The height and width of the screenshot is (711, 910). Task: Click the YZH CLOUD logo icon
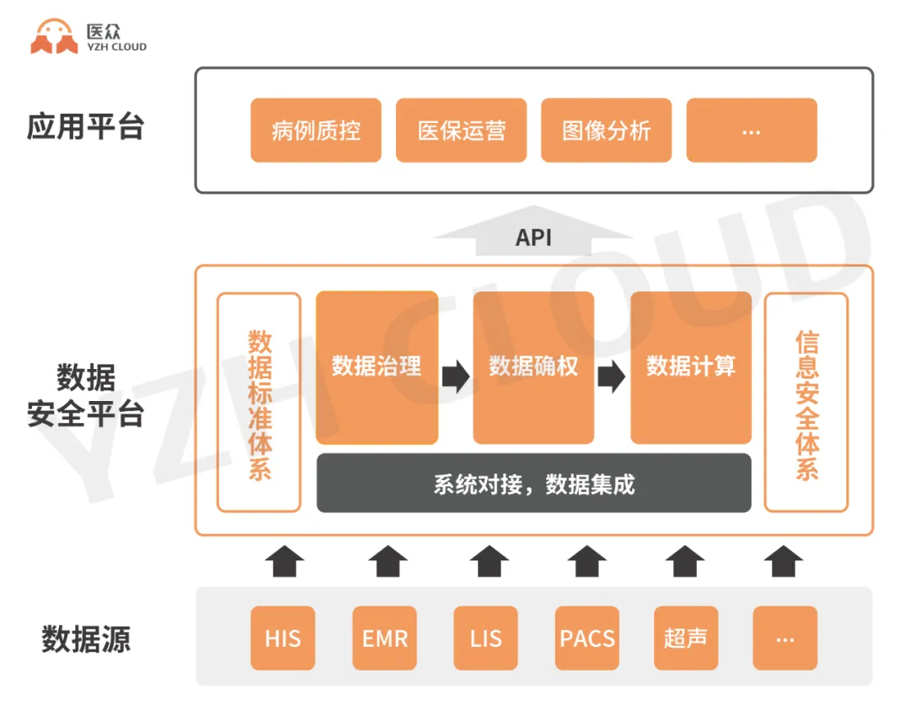point(54,37)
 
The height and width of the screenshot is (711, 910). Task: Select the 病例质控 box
point(316,131)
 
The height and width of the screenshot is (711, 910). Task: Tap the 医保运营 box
point(461,131)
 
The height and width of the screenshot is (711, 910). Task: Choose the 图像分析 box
point(606,131)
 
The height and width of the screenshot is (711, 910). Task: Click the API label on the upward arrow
point(533,238)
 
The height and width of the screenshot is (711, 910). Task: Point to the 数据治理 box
point(377,367)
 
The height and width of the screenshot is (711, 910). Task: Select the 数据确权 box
point(533,367)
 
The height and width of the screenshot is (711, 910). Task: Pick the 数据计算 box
point(691,367)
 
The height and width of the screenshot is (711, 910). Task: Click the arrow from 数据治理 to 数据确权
point(456,376)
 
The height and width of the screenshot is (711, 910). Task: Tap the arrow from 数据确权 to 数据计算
point(612,376)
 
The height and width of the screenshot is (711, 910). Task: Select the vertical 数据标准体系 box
point(259,403)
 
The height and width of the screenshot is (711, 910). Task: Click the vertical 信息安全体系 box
point(806,403)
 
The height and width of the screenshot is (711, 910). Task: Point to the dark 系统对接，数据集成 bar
point(533,484)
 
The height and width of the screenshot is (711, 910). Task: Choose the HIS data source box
point(282,638)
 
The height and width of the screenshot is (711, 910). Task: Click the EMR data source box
point(385,638)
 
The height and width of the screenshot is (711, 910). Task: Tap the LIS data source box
point(486,638)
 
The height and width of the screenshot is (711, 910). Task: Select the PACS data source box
point(587,638)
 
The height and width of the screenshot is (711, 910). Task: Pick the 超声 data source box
point(685,638)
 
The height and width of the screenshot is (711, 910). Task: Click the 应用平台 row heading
point(85,126)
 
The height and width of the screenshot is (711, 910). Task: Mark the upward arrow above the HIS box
point(285,561)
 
